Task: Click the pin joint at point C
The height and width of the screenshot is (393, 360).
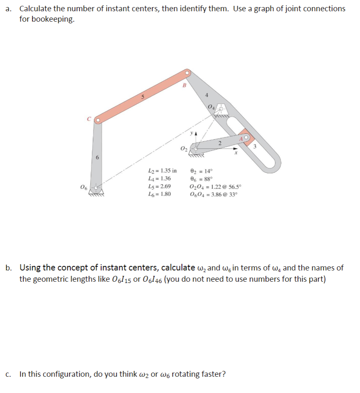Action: [x=98, y=120]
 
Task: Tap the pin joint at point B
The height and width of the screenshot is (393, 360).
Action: [x=188, y=73]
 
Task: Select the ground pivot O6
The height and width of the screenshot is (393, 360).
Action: [x=96, y=188]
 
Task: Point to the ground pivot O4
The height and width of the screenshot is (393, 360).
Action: [x=221, y=109]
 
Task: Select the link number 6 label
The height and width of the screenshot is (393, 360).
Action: [x=97, y=158]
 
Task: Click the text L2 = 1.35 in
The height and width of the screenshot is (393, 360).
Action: [x=162, y=170]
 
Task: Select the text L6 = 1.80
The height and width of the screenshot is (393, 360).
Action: [x=159, y=194]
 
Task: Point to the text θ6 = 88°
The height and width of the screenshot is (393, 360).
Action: [x=201, y=178]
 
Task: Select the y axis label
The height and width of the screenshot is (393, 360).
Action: [x=191, y=134]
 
